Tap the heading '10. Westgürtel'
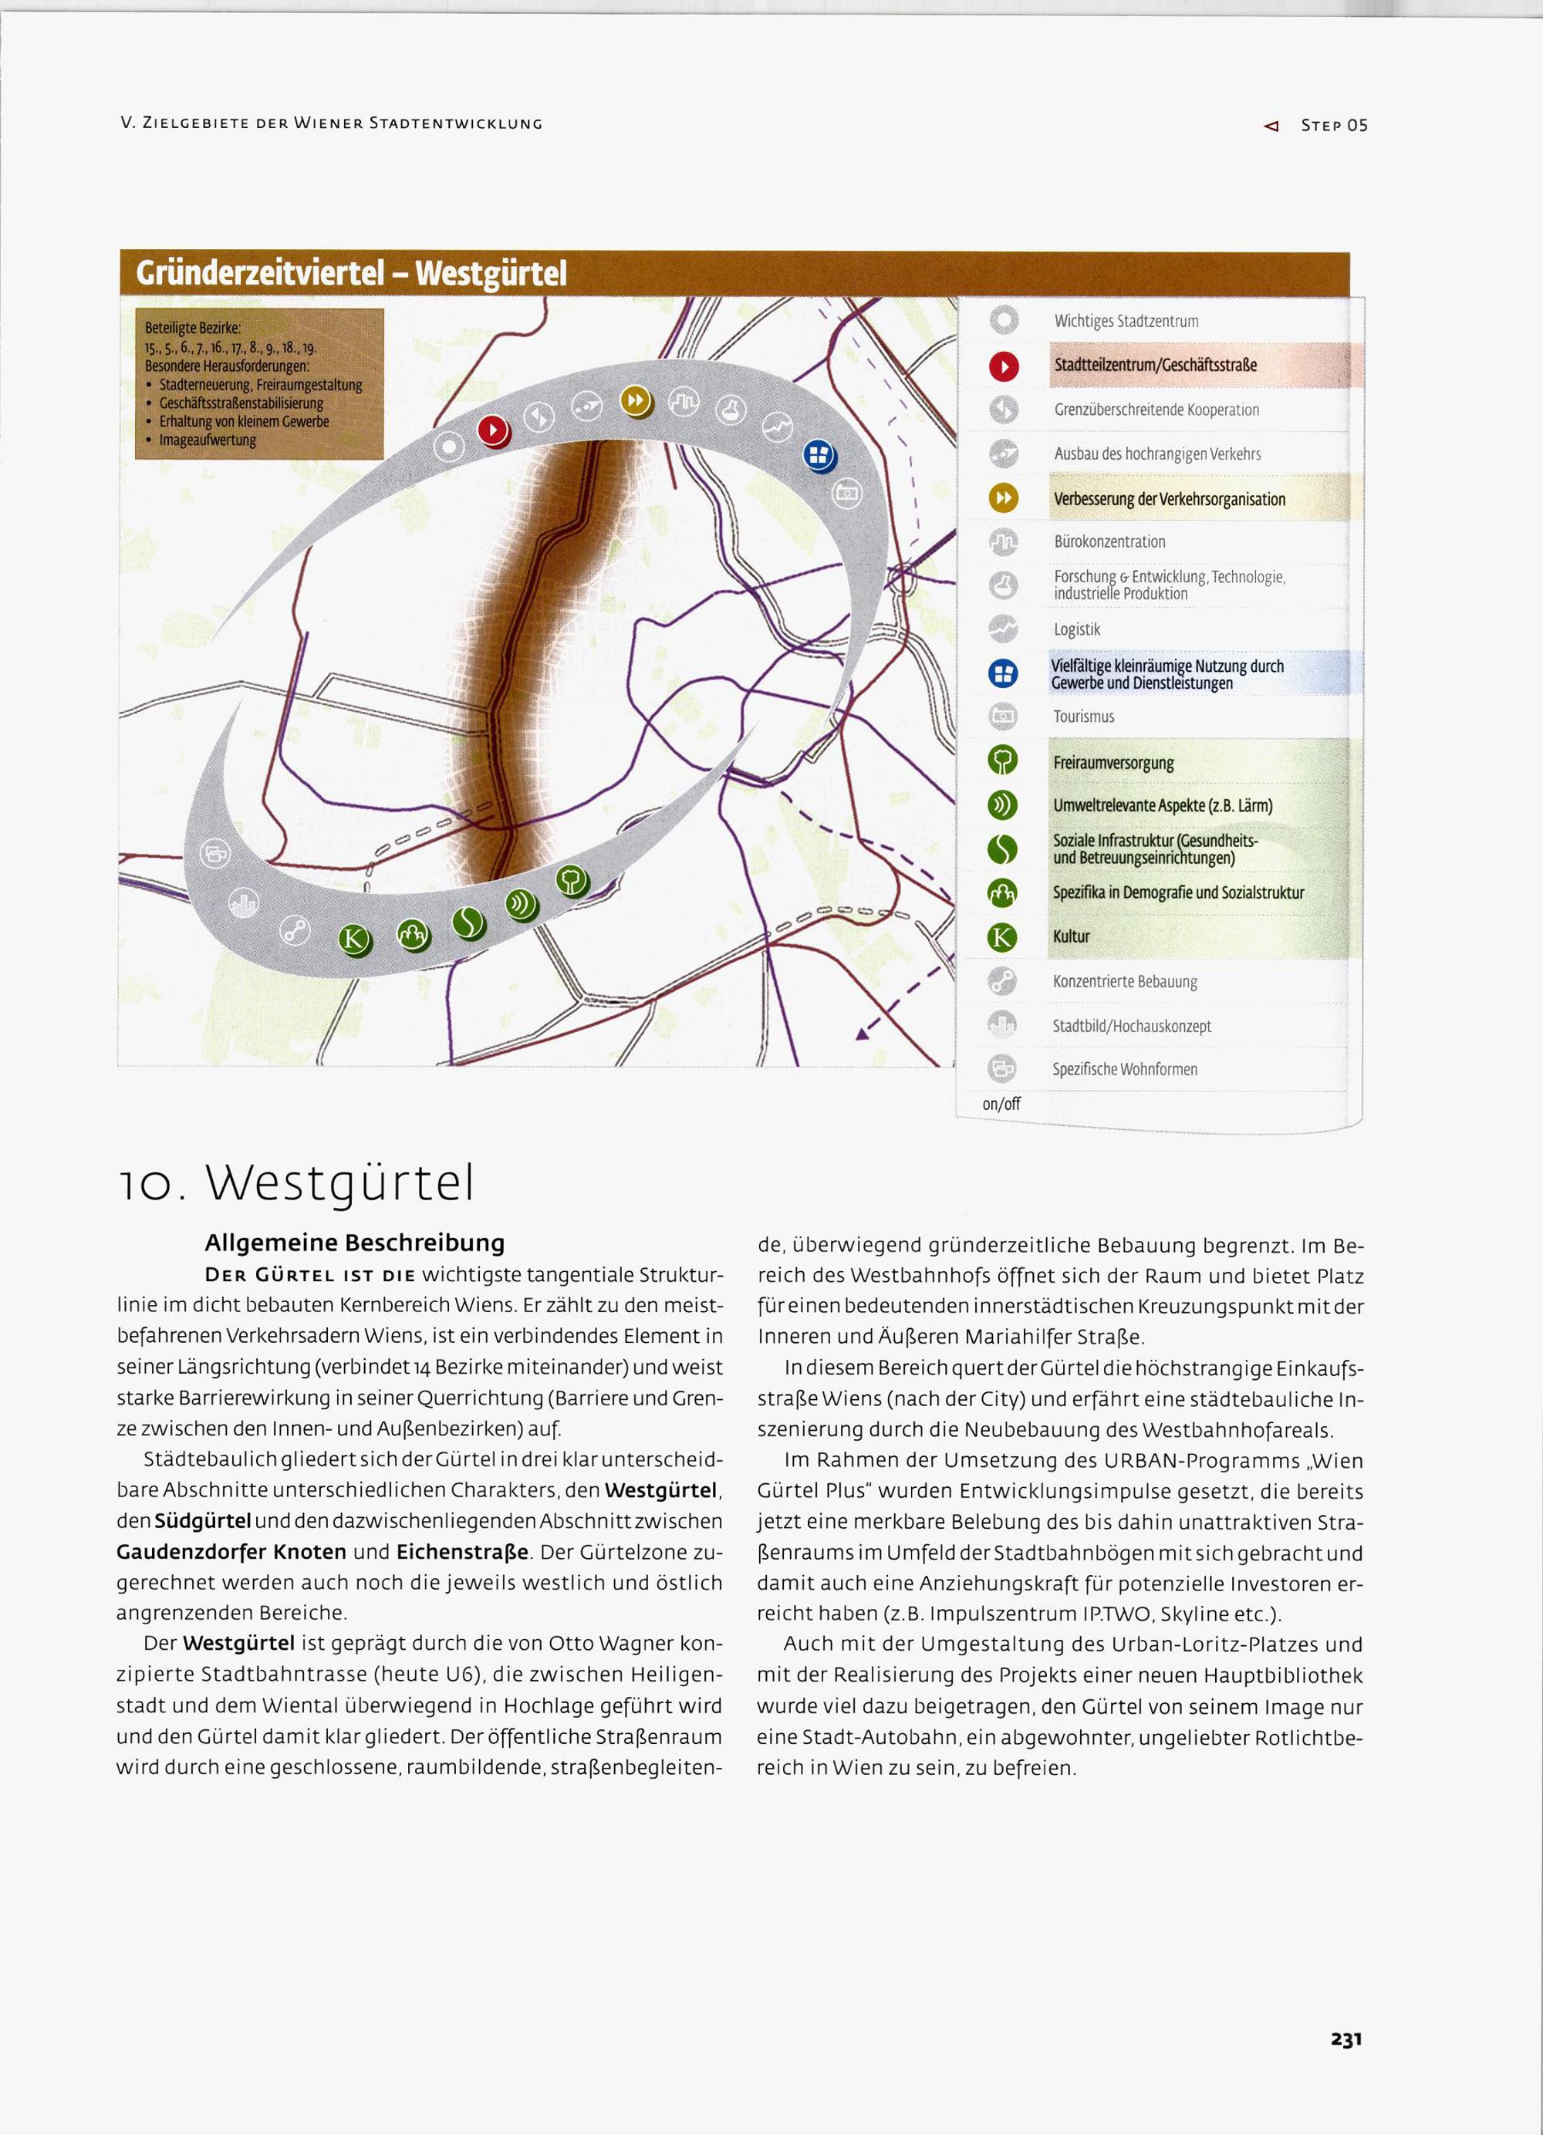[296, 1182]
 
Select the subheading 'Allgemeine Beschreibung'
[354, 1243]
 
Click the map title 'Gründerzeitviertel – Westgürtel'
[351, 274]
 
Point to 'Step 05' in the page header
[1333, 125]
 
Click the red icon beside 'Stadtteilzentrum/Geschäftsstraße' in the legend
[1004, 366]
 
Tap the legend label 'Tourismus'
[1084, 717]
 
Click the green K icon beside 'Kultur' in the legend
[1003, 936]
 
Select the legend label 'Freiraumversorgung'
[1113, 763]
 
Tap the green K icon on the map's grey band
[354, 939]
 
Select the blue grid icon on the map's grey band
[818, 457]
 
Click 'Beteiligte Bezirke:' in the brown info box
[193, 329]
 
